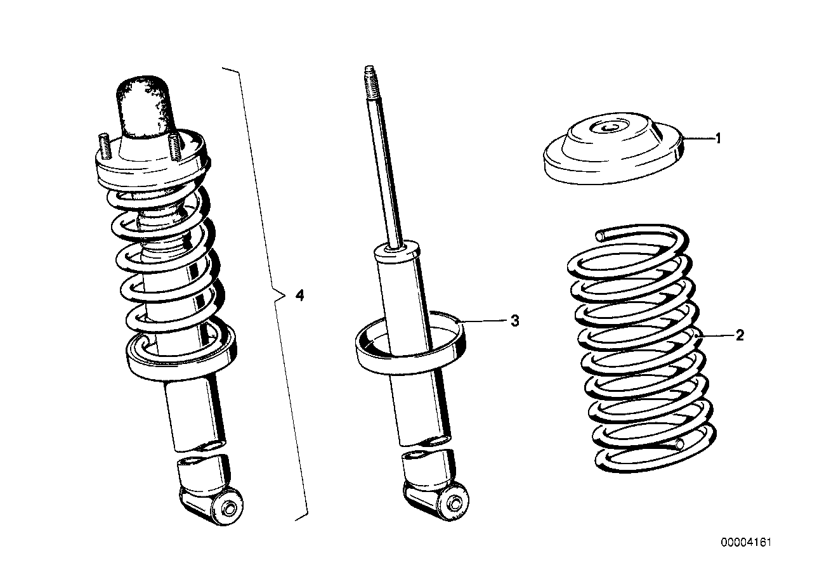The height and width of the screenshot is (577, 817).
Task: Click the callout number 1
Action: click(719, 138)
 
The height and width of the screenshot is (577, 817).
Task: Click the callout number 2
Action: click(739, 335)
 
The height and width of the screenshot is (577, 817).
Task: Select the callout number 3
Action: click(514, 321)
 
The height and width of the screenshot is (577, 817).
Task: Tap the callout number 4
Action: click(299, 295)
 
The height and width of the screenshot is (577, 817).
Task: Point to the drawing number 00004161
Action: click(746, 543)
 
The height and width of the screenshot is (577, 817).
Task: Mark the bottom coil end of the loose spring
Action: click(680, 444)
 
